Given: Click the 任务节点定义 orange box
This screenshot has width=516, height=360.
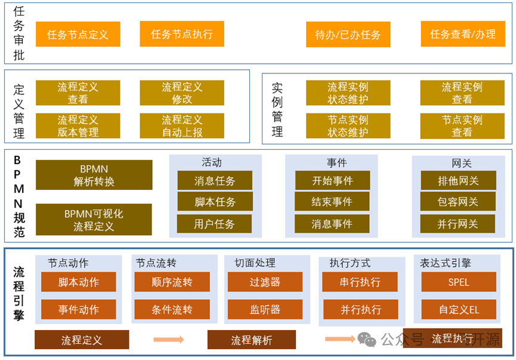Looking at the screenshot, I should pos(78,35).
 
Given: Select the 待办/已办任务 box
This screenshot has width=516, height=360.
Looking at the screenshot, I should pos(348,35).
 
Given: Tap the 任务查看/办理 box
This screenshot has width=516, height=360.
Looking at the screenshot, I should pos(462,35).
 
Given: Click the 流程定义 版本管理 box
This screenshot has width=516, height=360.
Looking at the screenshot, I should pos(78,126).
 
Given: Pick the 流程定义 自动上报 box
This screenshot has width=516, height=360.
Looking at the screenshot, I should pos(182,126).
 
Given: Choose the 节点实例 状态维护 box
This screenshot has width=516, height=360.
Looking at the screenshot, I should pos(348,126).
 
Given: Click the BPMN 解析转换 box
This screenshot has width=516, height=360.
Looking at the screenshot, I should pos(94,175).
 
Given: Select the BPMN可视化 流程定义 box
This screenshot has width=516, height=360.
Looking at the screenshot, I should pos(94,220).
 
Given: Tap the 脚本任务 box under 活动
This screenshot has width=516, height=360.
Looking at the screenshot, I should pos(215,202).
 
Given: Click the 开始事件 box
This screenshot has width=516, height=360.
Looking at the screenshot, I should pos(332,180).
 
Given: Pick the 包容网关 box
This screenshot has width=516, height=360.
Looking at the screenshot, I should pos(458,202).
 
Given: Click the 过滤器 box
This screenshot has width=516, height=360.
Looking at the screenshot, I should pos(265,282).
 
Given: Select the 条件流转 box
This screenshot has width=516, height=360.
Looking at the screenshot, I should pos(172,309).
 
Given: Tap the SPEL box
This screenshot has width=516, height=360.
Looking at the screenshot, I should pos(458,282).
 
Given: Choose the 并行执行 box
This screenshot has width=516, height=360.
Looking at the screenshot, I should pos(360,309).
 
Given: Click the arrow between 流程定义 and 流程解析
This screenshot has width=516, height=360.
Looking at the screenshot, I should pos(169,340).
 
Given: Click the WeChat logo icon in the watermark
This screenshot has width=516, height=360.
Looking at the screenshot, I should pos(367,339).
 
